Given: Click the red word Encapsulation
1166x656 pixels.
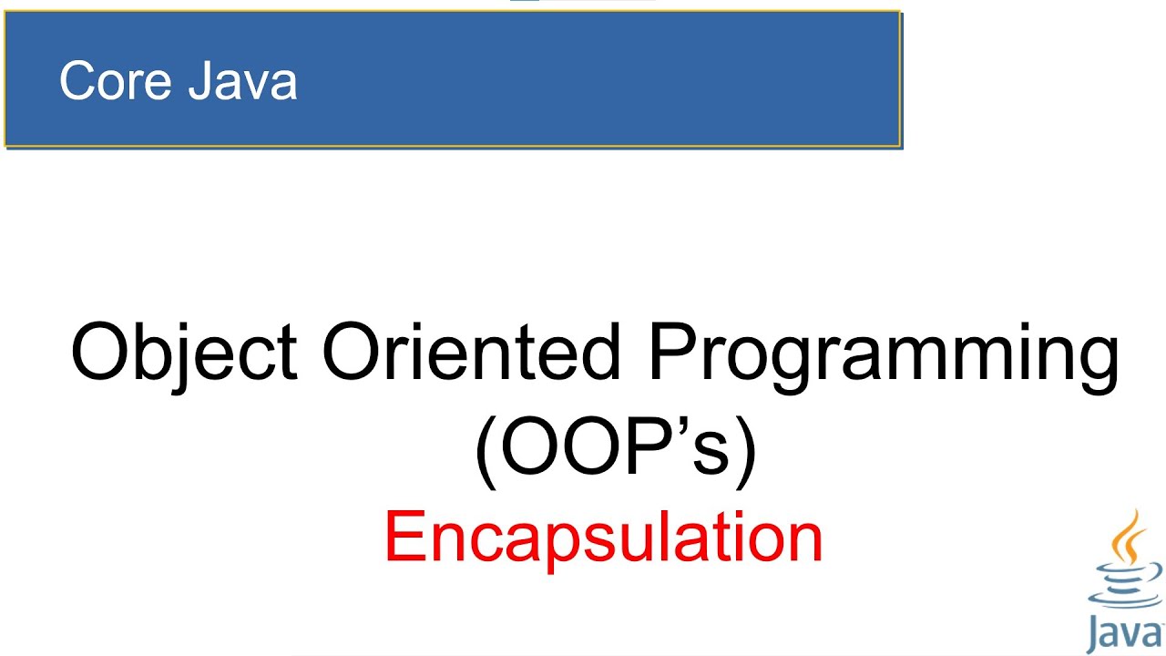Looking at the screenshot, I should click(x=603, y=538).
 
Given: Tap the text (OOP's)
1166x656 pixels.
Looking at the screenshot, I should click(x=616, y=451).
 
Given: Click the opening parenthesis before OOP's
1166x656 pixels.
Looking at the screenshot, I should click(x=485, y=453).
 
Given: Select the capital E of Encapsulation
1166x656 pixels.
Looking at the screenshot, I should click(x=403, y=538).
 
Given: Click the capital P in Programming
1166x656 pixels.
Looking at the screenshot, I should click(x=670, y=352).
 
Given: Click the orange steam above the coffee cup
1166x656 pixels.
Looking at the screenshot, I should click(x=1129, y=538).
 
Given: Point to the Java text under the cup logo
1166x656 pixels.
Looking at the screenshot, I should click(x=1126, y=634).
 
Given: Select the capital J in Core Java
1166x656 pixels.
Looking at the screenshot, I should click(x=202, y=81).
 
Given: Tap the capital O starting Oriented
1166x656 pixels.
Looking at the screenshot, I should click(x=350, y=352).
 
